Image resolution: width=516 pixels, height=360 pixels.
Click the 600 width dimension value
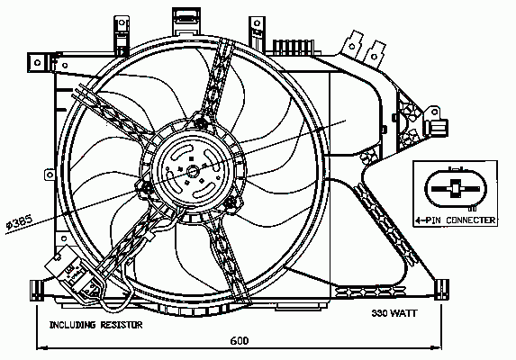pyautogui.click(x=240, y=340)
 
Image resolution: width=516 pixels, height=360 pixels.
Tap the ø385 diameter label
pyautogui.click(x=20, y=221)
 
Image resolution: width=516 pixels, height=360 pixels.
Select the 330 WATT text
pyautogui.click(x=394, y=313)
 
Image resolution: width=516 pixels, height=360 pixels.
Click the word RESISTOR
pyautogui.click(x=122, y=325)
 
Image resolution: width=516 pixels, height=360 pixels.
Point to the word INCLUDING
pyautogui.click(x=73, y=325)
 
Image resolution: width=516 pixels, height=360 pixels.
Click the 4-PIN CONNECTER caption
pyautogui.click(x=456, y=220)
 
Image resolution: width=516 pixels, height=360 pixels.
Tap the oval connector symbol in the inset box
pyautogui.click(x=456, y=189)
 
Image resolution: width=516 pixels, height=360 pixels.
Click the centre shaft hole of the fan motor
pyautogui.click(x=192, y=171)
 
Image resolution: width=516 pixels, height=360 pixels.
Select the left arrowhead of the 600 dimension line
pyautogui.click(x=41, y=347)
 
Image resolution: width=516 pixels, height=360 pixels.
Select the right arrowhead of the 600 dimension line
pyautogui.click(x=436, y=347)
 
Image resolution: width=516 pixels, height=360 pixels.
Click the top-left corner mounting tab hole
pyautogui.click(x=37, y=62)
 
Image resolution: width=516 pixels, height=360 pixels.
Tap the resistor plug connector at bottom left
pyautogui.click(x=75, y=273)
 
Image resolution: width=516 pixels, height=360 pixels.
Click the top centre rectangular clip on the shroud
pyautogui.click(x=186, y=21)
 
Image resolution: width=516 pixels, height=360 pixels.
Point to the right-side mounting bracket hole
pyautogui.click(x=435, y=112)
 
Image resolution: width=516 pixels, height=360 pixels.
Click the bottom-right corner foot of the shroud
pyautogui.click(x=441, y=289)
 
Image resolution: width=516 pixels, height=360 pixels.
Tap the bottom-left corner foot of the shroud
pyautogui.click(x=37, y=290)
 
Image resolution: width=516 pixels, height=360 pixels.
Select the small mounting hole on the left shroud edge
pyautogui.click(x=50, y=175)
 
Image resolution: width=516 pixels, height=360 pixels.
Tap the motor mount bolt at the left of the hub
pyautogui.click(x=146, y=188)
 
